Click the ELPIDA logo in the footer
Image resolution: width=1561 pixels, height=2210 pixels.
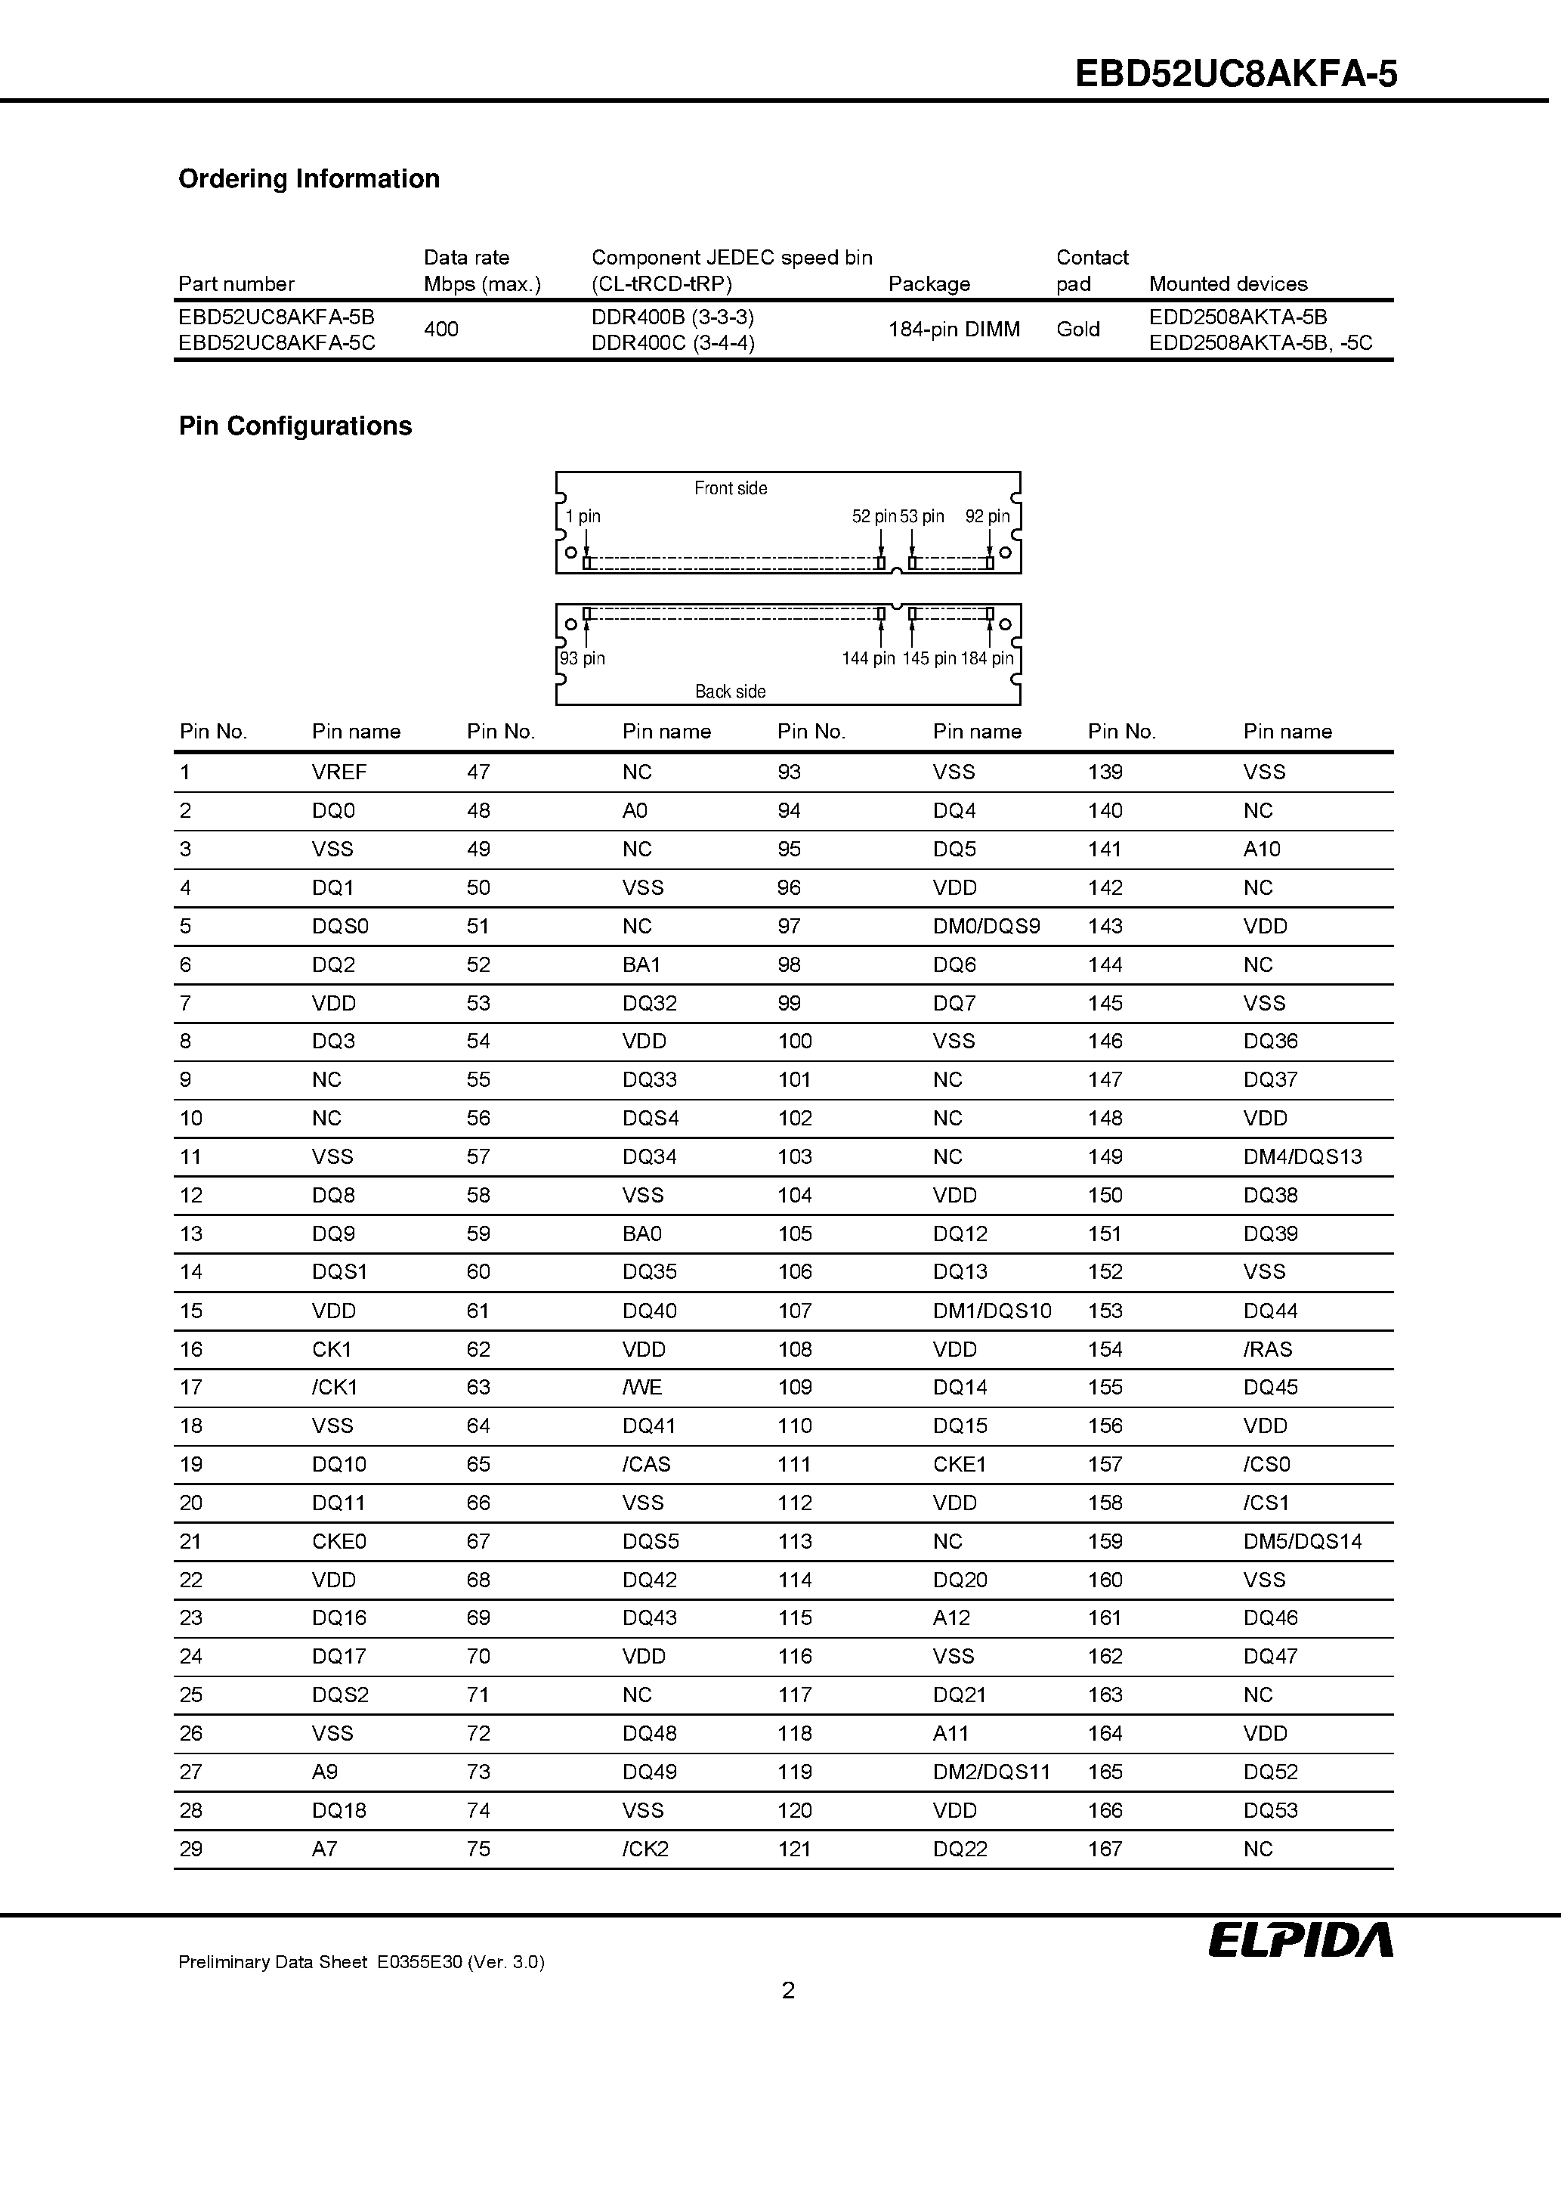(x=1300, y=1939)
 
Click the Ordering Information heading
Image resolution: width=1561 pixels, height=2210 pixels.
(x=309, y=179)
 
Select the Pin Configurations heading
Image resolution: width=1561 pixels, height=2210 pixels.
(x=295, y=426)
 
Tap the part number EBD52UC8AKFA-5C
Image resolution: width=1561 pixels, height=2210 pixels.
(x=277, y=342)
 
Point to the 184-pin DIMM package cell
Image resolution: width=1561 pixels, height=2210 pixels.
(x=953, y=330)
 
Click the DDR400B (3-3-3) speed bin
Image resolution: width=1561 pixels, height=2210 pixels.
(x=672, y=317)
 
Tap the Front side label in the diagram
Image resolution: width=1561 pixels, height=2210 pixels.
(x=731, y=488)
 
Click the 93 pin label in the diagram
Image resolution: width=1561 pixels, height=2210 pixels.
(x=583, y=658)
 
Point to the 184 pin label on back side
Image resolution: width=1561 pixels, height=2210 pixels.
(x=987, y=658)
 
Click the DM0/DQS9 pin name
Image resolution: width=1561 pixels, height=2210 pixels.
(x=985, y=926)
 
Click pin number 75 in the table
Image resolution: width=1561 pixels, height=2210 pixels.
(x=478, y=1849)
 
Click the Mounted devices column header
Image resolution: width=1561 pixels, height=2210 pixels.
(x=1227, y=284)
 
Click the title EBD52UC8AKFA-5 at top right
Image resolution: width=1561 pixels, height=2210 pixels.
(x=1235, y=74)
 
